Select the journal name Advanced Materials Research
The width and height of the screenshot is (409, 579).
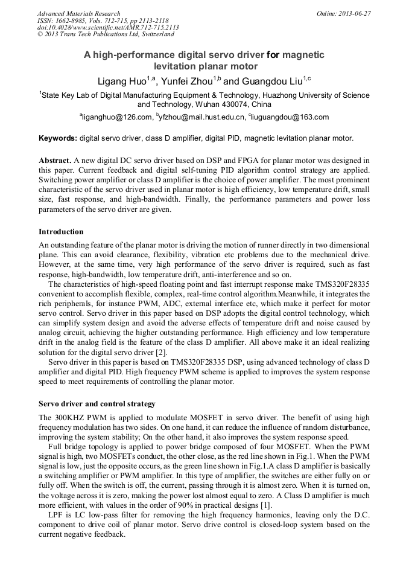click(78, 13)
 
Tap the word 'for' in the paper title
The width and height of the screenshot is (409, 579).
click(273, 55)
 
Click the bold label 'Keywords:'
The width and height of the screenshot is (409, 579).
click(58, 138)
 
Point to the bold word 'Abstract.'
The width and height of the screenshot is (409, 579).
click(55, 161)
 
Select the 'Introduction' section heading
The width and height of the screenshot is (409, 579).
click(61, 232)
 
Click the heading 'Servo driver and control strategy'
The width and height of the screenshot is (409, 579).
click(97, 404)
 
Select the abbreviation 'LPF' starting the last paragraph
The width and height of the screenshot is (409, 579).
click(57, 515)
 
